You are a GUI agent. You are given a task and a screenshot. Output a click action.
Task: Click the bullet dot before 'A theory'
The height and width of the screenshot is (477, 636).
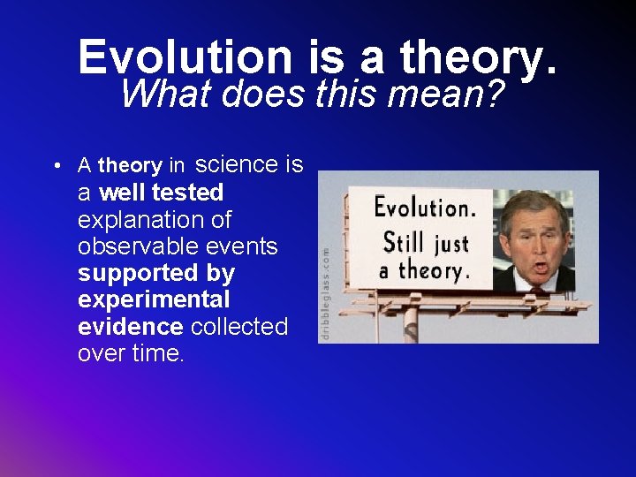click(x=56, y=166)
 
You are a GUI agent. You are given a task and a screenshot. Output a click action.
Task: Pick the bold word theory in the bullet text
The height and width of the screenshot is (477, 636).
click(x=130, y=166)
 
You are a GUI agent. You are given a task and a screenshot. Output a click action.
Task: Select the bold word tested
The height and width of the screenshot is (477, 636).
click(x=187, y=192)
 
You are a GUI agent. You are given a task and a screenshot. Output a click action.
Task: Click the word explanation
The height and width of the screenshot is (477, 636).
click(x=142, y=219)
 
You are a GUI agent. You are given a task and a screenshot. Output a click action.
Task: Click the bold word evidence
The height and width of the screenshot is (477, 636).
click(x=130, y=327)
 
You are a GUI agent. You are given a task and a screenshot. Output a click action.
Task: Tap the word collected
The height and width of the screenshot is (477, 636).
click(x=239, y=327)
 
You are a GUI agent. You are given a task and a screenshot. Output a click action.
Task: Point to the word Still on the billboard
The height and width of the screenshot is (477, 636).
click(x=403, y=240)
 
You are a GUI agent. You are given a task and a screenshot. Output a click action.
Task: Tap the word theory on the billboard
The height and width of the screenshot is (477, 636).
click(x=434, y=269)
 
